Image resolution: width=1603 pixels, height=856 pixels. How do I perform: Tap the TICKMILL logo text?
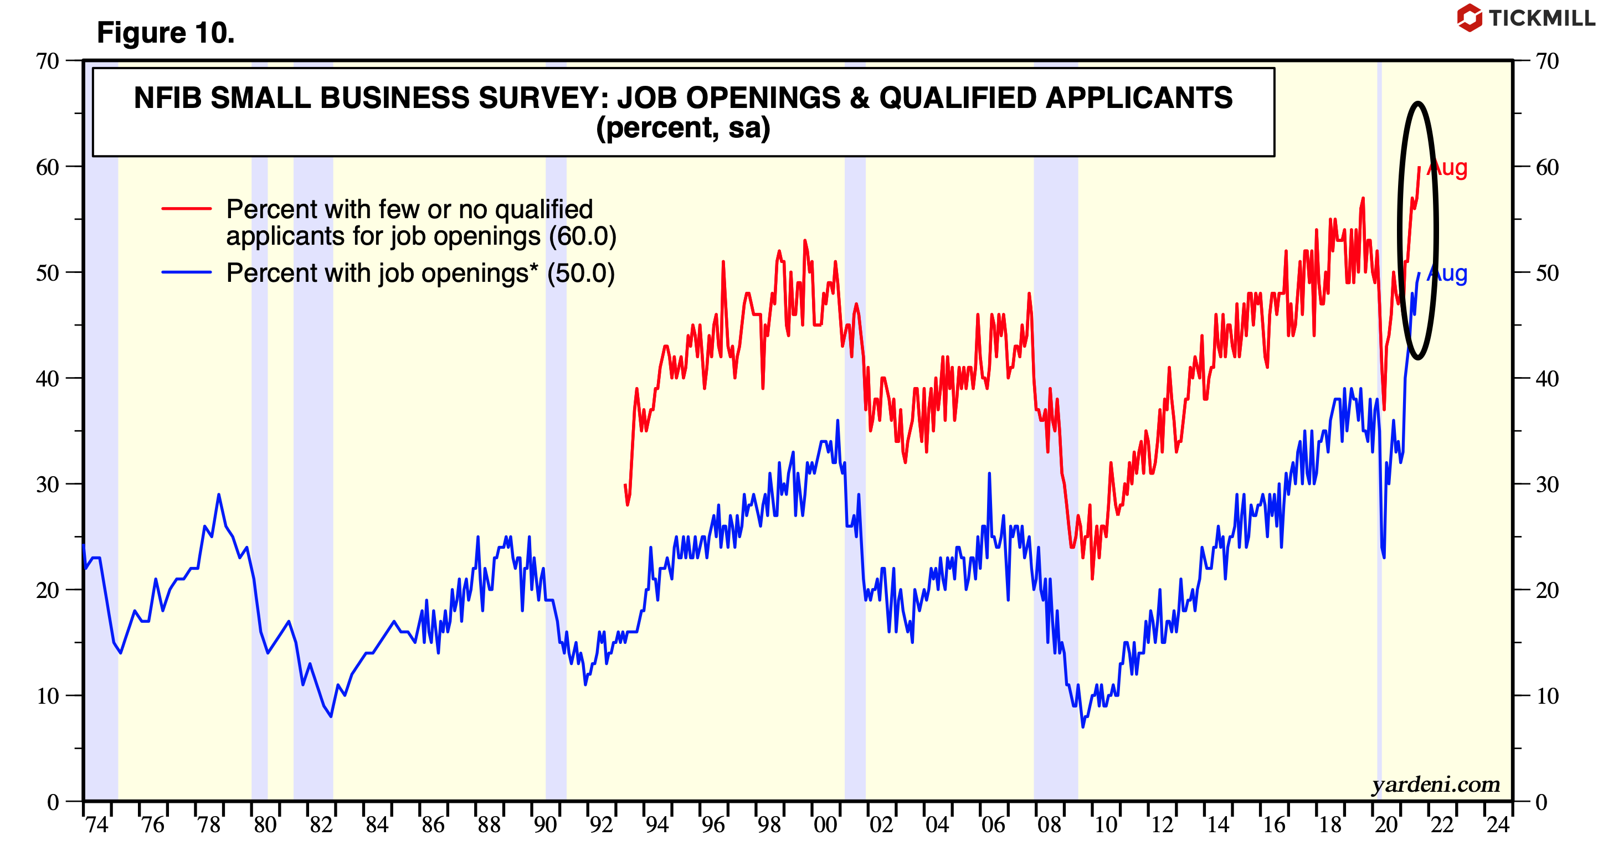pyautogui.click(x=1542, y=18)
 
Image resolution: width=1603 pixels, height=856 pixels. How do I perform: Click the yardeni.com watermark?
pyautogui.click(x=1436, y=785)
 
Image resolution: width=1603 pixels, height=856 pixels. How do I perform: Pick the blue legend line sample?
pyautogui.click(x=186, y=272)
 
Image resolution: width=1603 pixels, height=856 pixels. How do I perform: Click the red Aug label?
pyautogui.click(x=1448, y=168)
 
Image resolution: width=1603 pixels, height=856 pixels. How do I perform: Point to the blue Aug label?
pyautogui.click(x=1448, y=274)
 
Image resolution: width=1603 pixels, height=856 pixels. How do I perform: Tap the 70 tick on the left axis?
pyautogui.click(x=47, y=61)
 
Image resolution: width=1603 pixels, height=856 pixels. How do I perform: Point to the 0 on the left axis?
pyautogui.click(x=53, y=802)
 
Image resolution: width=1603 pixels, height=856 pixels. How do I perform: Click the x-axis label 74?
pyautogui.click(x=97, y=826)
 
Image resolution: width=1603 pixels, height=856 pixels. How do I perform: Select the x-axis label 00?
pyautogui.click(x=825, y=826)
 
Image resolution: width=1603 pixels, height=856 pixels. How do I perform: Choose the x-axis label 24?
pyautogui.click(x=1498, y=826)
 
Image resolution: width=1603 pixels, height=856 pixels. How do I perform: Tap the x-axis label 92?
pyautogui.click(x=601, y=826)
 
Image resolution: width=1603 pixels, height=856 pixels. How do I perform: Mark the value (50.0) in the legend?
pyautogui.click(x=580, y=274)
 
